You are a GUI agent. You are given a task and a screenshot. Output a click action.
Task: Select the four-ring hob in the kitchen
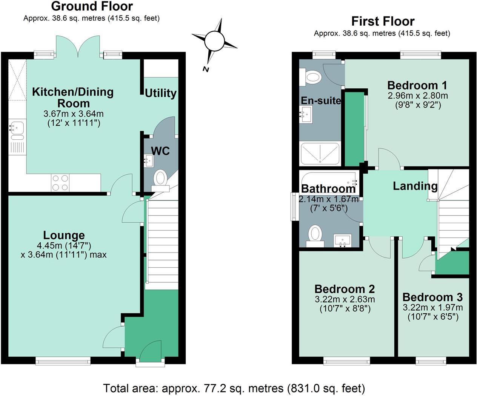pyautogui.click(x=60, y=183)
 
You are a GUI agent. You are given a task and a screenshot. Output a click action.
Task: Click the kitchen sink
pyautogui.click(x=17, y=128)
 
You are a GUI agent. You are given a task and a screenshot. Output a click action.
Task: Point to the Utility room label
pyautogui.click(x=161, y=93)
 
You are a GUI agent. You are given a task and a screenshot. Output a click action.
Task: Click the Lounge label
pyautogui.click(x=64, y=236)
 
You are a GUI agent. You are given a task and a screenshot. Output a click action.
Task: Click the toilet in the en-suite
pyautogui.click(x=311, y=77)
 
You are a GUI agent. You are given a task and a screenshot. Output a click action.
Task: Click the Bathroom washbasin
pyautogui.click(x=342, y=240)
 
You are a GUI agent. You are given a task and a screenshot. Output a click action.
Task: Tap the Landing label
pyautogui.click(x=415, y=186)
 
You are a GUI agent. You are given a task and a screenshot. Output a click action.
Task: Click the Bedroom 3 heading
pyautogui.click(x=432, y=297)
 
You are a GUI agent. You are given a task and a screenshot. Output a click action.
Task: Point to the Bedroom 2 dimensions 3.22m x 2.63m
pyautogui.click(x=345, y=299)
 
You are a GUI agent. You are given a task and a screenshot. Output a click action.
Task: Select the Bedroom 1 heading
pyautogui.click(x=417, y=85)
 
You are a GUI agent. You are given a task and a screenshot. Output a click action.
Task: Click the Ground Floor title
pyautogui.click(x=92, y=6)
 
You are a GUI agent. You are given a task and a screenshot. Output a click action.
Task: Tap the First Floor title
pyautogui.click(x=383, y=21)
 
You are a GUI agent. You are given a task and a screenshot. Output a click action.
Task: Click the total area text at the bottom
pyautogui.click(x=234, y=388)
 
